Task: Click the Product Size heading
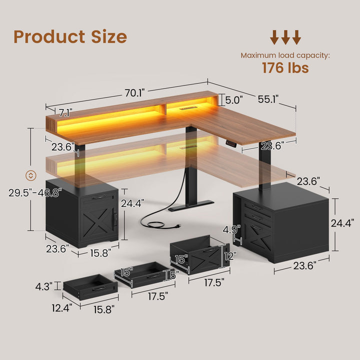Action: tap(70, 36)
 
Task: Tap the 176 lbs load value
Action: tap(285, 67)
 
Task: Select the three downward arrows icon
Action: tap(285, 37)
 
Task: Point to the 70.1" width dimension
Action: tap(134, 93)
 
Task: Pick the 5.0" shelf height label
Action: tap(233, 100)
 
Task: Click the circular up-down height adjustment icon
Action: tap(30, 175)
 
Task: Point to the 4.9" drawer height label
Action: tap(231, 229)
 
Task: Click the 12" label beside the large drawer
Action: tap(229, 255)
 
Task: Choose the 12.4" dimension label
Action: tap(63, 308)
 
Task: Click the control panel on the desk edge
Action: tap(231, 144)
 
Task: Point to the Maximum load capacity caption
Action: tap(285, 55)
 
